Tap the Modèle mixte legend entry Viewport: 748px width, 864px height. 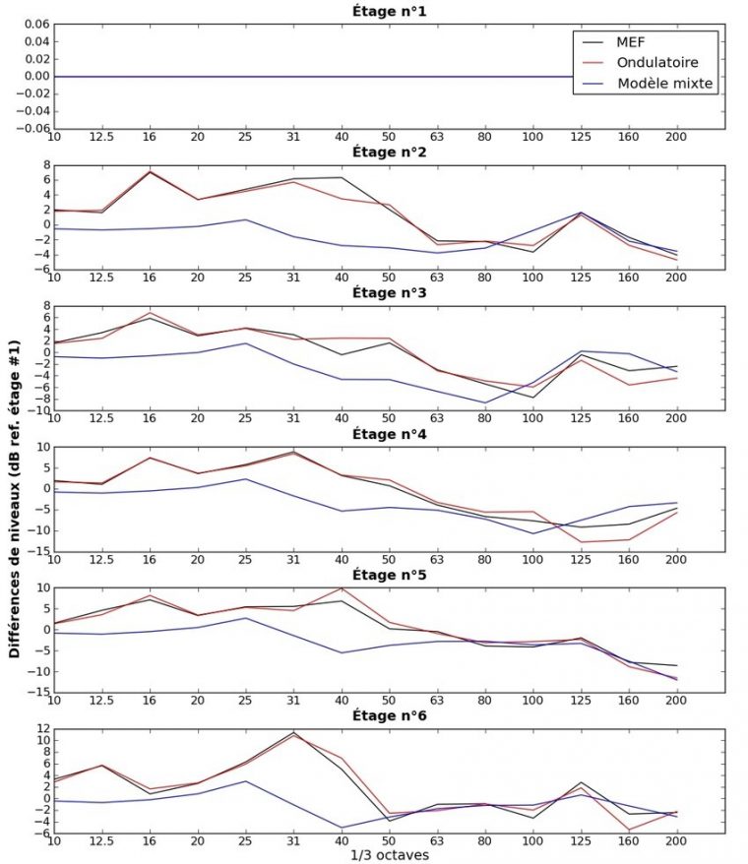[665, 83]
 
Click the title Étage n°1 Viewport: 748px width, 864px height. [389, 12]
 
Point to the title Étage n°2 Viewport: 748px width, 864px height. [389, 153]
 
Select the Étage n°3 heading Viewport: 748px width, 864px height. [389, 293]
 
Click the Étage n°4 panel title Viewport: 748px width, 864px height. [389, 433]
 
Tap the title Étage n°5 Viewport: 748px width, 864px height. [389, 574]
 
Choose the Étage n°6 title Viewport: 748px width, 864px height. [389, 714]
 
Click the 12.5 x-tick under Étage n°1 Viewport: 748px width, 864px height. [100, 138]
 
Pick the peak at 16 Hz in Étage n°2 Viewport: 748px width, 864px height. [150, 171]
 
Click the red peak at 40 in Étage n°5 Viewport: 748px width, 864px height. [341, 588]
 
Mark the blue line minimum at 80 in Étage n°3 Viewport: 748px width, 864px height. [484, 402]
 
